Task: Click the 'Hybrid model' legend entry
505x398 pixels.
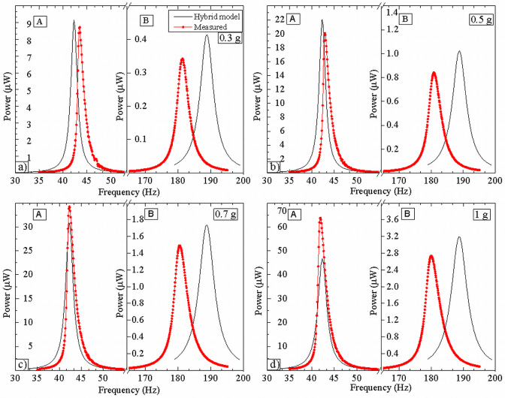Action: [214, 15]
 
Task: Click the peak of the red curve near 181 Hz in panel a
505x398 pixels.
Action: [182, 59]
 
